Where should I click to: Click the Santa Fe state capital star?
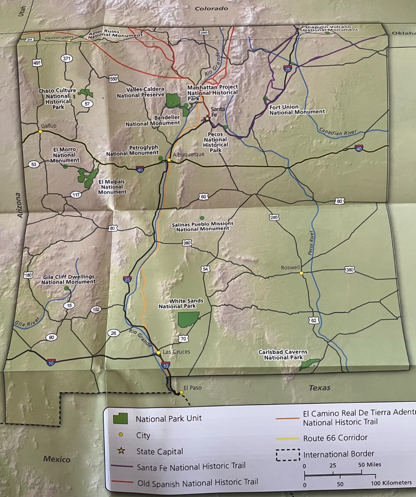[x=207, y=119]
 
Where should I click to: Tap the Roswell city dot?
[x=301, y=273]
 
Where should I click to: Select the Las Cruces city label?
[x=176, y=352]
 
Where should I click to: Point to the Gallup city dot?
[x=40, y=131]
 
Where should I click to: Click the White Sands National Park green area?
[x=188, y=319]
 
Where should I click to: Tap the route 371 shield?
[x=67, y=59]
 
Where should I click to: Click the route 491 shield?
[x=37, y=63]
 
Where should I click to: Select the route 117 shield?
[x=76, y=195]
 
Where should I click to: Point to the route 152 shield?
[x=96, y=310]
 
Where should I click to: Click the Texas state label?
[x=319, y=388]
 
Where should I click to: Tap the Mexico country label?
[x=57, y=459]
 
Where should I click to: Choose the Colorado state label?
[x=211, y=9]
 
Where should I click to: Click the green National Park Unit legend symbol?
[x=120, y=418]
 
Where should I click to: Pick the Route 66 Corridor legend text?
[x=335, y=437]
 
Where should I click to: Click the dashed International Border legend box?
[x=288, y=455]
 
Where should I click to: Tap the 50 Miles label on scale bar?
[x=370, y=464]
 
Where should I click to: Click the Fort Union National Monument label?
[x=297, y=109]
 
